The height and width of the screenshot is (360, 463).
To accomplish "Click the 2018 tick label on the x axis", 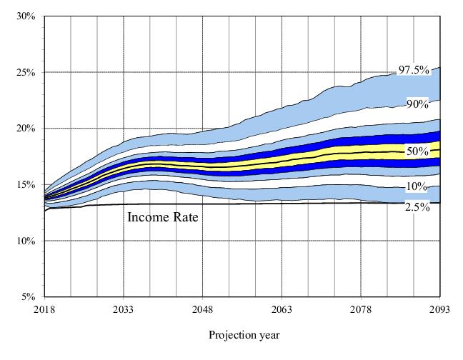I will pyautogui.click(x=44, y=310).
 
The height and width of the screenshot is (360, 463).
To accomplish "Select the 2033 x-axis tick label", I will pyautogui.click(x=124, y=310).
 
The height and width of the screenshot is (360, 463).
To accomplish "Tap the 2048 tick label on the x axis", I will pyautogui.click(x=203, y=310).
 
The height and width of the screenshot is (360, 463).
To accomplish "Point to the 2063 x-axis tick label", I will pyautogui.click(x=282, y=310).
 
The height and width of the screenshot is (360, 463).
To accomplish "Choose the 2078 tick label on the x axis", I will pyautogui.click(x=361, y=310).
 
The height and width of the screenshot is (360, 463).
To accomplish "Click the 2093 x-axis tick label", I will pyautogui.click(x=440, y=310).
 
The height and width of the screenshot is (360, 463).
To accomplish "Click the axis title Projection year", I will pyautogui.click(x=244, y=335).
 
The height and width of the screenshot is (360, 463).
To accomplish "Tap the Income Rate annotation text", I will pyautogui.click(x=162, y=217).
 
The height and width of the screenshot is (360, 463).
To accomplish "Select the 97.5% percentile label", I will pyautogui.click(x=414, y=70).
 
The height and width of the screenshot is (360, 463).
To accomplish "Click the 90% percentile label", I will pyautogui.click(x=417, y=104).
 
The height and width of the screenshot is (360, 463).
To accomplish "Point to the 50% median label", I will pyautogui.click(x=417, y=151).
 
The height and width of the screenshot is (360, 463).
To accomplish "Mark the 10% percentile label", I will pyautogui.click(x=417, y=187).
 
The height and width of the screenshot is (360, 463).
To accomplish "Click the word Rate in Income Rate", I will pyautogui.click(x=184, y=217).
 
